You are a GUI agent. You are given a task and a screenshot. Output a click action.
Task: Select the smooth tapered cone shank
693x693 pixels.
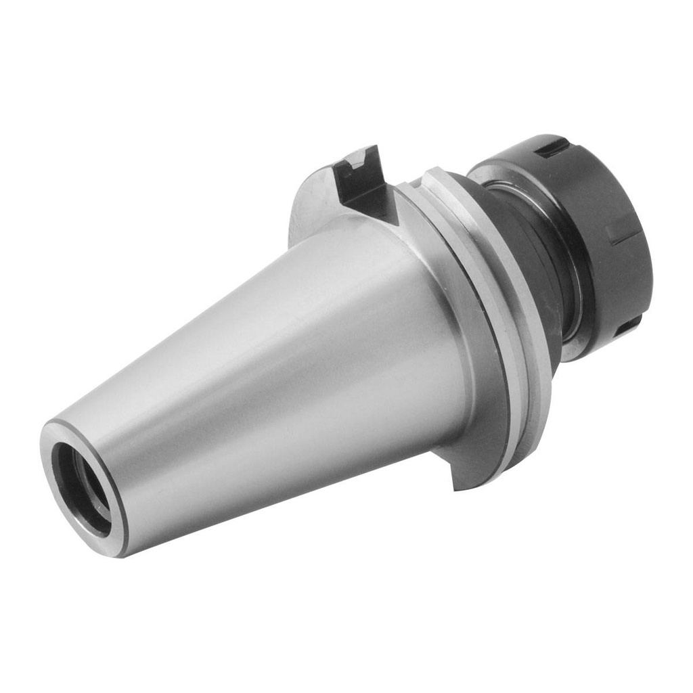[x=271, y=352]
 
